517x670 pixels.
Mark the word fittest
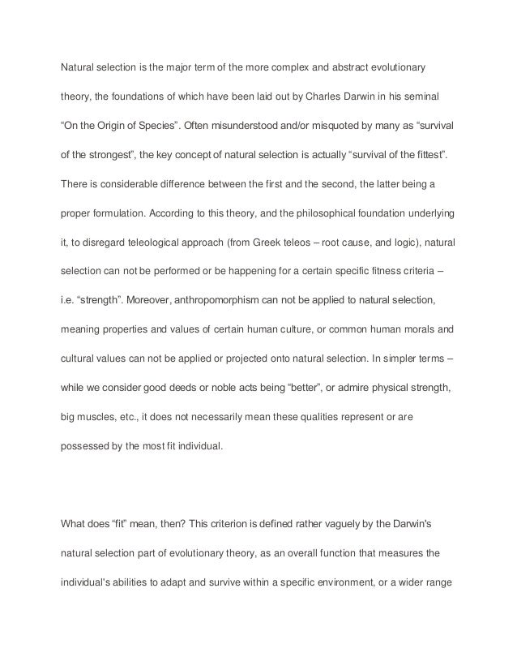[425, 154]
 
